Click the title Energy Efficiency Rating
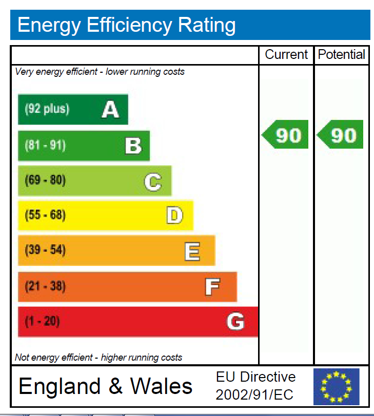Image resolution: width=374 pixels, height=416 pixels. [x=127, y=25]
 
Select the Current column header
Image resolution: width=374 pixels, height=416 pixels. [x=286, y=55]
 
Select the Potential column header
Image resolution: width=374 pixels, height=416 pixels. [x=342, y=55]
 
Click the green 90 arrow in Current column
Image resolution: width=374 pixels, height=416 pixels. [x=286, y=135]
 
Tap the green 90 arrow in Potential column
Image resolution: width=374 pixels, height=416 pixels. [x=341, y=135]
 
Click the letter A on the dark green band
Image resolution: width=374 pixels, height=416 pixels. [x=110, y=109]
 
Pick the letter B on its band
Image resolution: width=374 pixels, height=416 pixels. [x=133, y=146]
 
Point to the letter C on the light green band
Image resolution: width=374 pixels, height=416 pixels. [x=153, y=181]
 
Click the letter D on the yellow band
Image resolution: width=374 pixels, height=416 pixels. [x=174, y=215]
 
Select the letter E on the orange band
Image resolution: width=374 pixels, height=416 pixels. [x=192, y=251]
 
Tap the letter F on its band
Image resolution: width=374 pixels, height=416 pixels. [x=212, y=286]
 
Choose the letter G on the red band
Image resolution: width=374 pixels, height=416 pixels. [x=235, y=322]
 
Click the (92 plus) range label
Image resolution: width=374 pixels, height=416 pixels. [x=47, y=109]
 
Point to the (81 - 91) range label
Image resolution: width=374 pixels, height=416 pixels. [x=45, y=145]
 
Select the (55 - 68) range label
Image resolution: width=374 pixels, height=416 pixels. [x=45, y=215]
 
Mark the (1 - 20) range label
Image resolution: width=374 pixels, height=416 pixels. [x=42, y=322]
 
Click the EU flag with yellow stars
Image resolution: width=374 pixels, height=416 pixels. [x=337, y=387]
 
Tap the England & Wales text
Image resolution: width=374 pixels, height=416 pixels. [x=106, y=386]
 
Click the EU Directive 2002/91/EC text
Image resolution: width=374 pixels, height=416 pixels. [x=255, y=386]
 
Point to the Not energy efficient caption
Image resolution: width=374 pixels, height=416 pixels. [x=99, y=357]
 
